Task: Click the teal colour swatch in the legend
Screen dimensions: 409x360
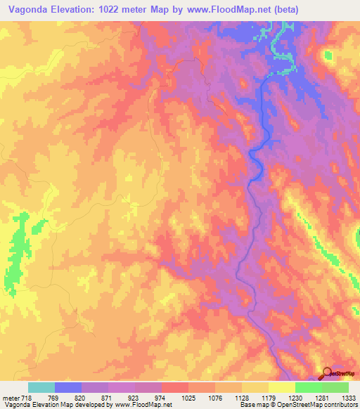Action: click(x=41, y=387)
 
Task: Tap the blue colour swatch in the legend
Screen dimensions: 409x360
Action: click(x=68, y=387)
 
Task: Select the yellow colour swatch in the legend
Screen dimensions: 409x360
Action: click(x=282, y=387)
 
